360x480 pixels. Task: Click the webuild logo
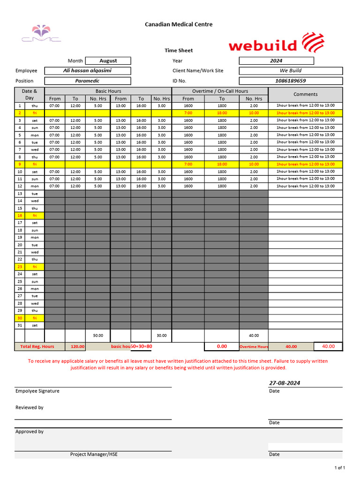(276, 43)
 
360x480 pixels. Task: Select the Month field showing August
(108, 60)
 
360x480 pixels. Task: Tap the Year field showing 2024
(276, 60)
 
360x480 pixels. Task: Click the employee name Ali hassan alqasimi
(88, 71)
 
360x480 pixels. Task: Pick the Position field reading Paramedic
(88, 81)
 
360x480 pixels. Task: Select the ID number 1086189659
(291, 81)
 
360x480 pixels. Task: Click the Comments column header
(305, 94)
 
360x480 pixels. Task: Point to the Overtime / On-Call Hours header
(220, 91)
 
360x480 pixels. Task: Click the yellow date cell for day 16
(20, 216)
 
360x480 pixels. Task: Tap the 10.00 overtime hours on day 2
(254, 113)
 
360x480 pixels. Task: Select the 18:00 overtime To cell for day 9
(222, 165)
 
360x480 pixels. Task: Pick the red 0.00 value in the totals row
(222, 346)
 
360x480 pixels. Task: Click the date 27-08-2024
(285, 383)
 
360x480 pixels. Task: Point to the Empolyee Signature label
(37, 391)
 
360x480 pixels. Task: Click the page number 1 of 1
(339, 468)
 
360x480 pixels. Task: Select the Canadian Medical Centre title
(179, 24)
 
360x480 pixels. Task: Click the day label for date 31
(35, 325)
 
